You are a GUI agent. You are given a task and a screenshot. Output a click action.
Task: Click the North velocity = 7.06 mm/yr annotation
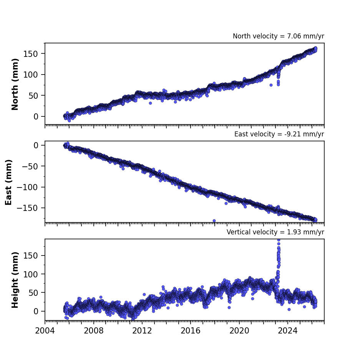(x=278, y=36)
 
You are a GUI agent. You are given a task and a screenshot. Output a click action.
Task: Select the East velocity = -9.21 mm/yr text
(x=279, y=134)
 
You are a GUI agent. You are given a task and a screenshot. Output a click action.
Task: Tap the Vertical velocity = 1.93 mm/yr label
(x=275, y=232)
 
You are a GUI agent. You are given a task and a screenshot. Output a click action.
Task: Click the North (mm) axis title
(x=15, y=84)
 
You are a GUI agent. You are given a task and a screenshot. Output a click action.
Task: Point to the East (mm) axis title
(x=8, y=182)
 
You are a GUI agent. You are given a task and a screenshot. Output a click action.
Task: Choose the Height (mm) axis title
(x=15, y=280)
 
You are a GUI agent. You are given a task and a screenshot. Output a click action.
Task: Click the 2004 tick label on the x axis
(x=45, y=331)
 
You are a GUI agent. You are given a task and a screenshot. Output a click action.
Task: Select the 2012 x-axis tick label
(x=142, y=331)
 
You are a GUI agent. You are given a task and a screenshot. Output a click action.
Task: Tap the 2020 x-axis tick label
(x=239, y=331)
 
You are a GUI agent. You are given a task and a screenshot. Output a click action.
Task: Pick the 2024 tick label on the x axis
(x=287, y=331)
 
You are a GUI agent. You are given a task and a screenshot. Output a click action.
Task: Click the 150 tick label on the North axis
(x=30, y=54)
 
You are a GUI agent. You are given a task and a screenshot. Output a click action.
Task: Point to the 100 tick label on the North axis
(x=30, y=75)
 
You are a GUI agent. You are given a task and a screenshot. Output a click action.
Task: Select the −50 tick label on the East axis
(x=30, y=166)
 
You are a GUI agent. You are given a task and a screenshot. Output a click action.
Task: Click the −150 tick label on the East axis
(x=27, y=208)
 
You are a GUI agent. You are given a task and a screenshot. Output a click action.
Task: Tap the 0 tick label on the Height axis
(x=36, y=311)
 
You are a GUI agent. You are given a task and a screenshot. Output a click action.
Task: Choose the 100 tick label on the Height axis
(x=30, y=274)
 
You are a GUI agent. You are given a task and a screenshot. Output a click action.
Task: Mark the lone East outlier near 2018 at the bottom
(x=214, y=221)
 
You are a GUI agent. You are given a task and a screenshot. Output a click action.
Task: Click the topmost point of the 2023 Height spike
(x=279, y=240)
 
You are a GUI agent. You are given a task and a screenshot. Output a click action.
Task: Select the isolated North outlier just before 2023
(x=271, y=85)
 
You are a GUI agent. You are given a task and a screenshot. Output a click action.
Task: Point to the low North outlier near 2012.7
(x=150, y=103)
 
